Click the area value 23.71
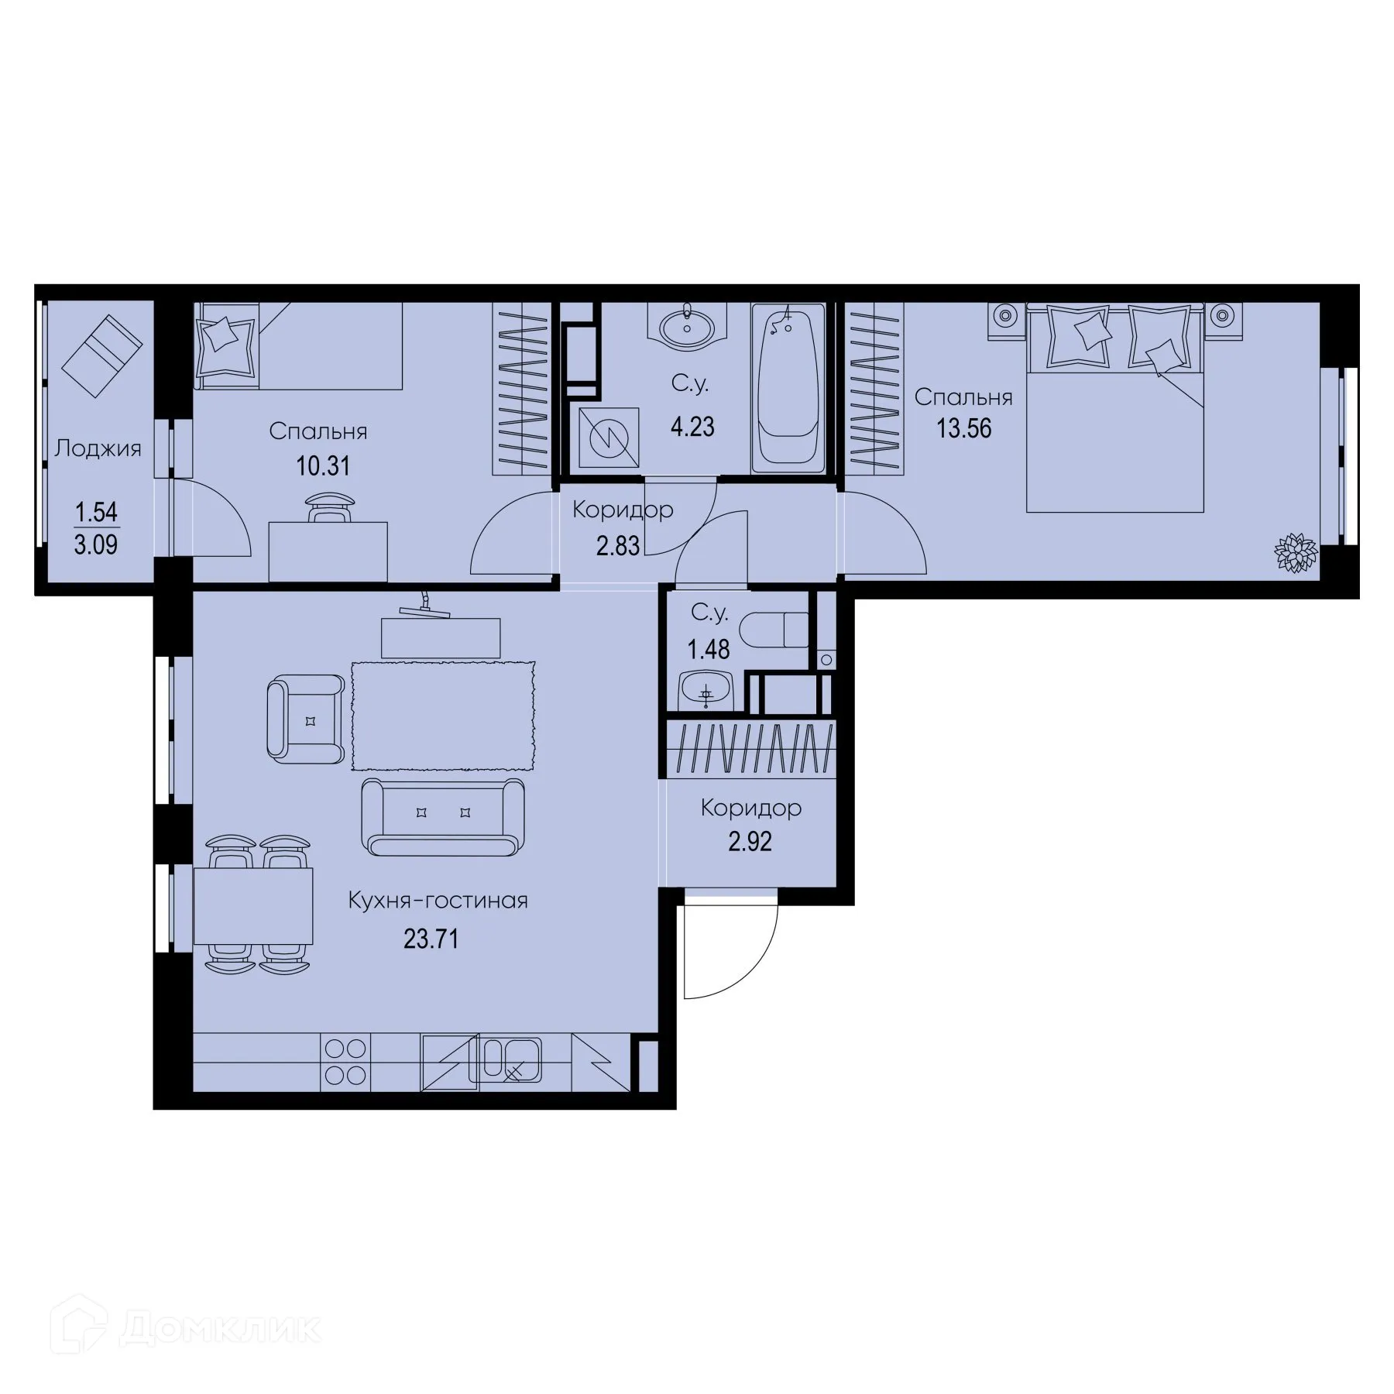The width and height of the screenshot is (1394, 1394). tap(431, 939)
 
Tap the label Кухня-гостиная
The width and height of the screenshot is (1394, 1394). tap(438, 901)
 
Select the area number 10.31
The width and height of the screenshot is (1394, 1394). tap(323, 466)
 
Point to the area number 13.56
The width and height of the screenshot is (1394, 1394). tap(963, 428)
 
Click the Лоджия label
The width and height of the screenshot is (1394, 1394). tap(98, 448)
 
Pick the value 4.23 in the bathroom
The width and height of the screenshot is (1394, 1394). tap(692, 427)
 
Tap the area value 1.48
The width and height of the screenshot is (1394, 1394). tap(709, 649)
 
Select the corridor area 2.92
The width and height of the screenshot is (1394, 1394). tap(750, 842)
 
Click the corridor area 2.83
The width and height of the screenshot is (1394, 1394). tap(618, 546)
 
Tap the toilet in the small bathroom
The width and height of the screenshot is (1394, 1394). tap(774, 630)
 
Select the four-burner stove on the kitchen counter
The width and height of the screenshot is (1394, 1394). tap(345, 1062)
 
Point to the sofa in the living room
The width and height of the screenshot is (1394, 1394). tap(444, 816)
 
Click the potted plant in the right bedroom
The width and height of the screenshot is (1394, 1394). tap(1296, 553)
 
